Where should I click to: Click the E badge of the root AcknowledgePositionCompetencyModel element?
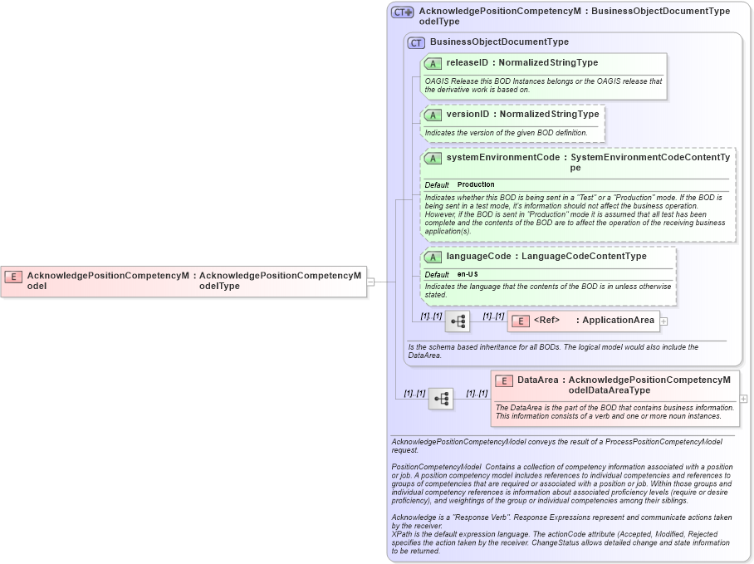[13, 276]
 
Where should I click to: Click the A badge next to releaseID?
[433, 63]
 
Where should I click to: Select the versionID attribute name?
[468, 114]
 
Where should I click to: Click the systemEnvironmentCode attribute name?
[502, 157]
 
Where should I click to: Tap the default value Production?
[476, 184]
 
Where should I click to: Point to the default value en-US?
[468, 274]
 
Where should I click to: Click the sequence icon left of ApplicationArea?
[458, 321]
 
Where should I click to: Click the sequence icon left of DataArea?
[441, 400]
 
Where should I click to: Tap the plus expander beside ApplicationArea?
[664, 321]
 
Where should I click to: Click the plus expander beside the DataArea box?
[743, 399]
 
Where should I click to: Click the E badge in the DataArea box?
[504, 380]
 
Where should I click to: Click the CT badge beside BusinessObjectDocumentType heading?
[416, 42]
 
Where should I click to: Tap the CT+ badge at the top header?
[403, 12]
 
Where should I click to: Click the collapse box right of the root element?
[370, 282]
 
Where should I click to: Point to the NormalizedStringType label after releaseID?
[548, 62]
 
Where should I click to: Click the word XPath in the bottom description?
[402, 534]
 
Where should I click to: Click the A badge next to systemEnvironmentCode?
[433, 158]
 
